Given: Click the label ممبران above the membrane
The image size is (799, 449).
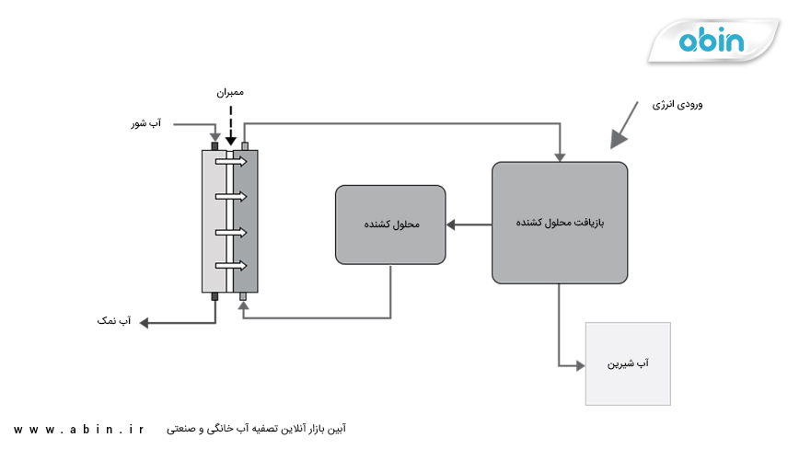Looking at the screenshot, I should [229, 93].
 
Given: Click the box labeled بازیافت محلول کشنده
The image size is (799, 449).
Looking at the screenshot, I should [560, 223].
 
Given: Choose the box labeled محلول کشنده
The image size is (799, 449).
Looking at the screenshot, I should [390, 224].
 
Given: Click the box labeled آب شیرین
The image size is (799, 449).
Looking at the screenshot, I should [628, 364].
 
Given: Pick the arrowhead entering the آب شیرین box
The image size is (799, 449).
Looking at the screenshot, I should [580, 365].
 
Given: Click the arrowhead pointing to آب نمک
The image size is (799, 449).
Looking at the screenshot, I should [144, 321].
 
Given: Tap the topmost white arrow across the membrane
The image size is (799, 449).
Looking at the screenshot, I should [231, 162].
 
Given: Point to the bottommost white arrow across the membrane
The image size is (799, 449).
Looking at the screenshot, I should [231, 266].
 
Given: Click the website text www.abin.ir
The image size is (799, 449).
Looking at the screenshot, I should [79, 429].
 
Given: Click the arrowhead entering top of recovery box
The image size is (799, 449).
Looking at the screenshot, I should [559, 154].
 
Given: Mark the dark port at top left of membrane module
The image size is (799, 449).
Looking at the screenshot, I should [214, 145].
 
